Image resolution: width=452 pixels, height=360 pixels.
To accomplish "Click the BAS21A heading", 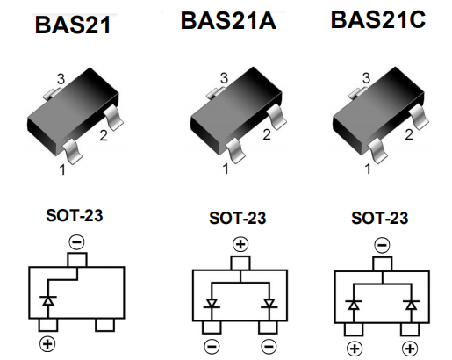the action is [x=228, y=21].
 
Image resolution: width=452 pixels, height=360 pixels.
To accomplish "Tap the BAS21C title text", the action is [x=378, y=19].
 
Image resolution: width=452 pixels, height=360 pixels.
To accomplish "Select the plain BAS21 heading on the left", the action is [x=73, y=25].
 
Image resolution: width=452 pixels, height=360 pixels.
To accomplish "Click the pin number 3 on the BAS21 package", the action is [x=61, y=79].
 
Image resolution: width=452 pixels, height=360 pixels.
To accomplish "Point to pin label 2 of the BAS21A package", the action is [x=267, y=134].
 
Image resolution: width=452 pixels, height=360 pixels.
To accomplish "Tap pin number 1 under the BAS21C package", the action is [x=368, y=169].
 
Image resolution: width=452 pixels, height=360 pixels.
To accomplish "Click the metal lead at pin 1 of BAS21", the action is [x=72, y=151].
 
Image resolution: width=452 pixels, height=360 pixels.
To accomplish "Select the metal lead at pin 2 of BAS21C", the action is [x=419, y=117].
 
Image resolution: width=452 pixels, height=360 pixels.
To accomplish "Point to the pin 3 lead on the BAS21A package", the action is [x=213, y=92].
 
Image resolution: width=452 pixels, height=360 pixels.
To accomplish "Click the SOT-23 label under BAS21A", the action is [x=238, y=218].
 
